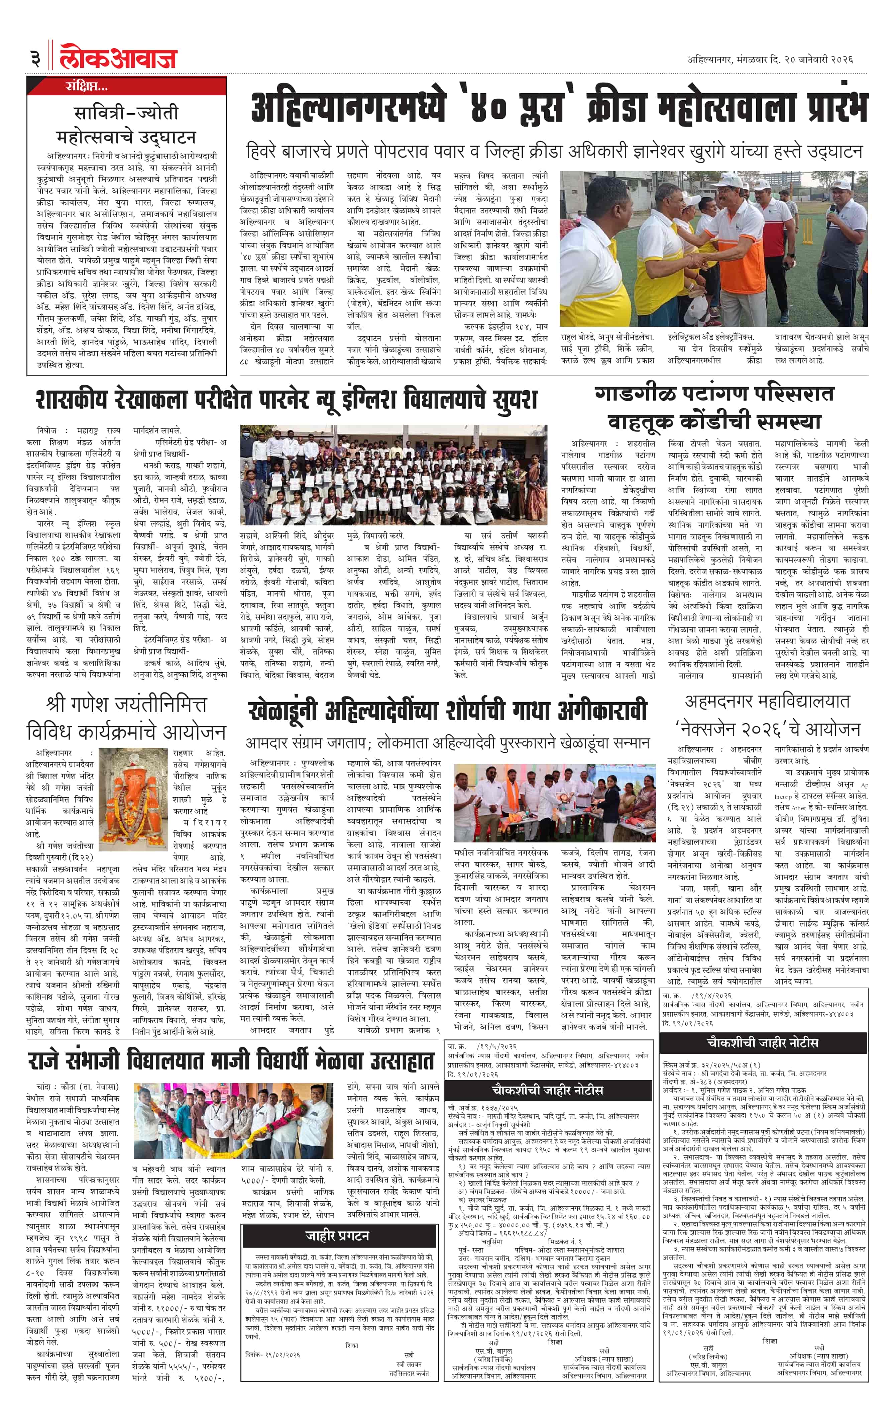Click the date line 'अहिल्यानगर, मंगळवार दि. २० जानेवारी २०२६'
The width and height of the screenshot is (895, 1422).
pyautogui.click(x=770, y=60)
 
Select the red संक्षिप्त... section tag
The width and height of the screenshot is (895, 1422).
pyautogui.click(x=87, y=87)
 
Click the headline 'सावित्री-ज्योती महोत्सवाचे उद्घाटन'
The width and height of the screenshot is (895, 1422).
pyautogui.click(x=126, y=124)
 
